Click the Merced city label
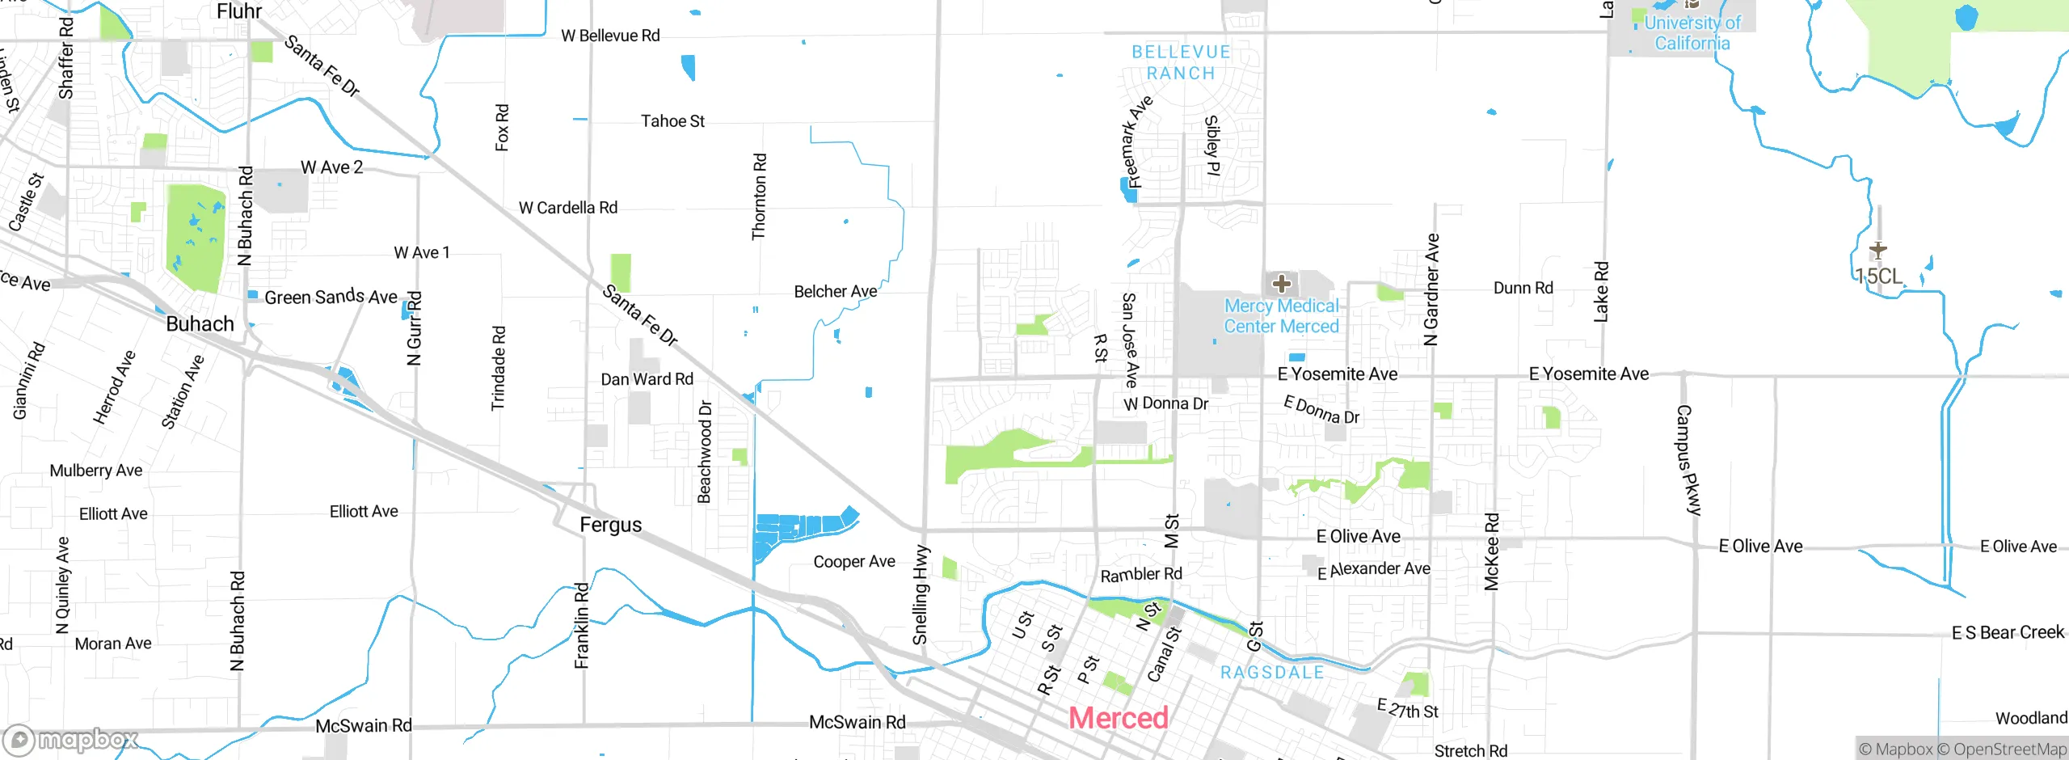(1119, 718)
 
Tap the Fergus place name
(610, 526)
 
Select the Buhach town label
(200, 324)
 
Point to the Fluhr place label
(239, 11)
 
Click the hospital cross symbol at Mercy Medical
(1281, 284)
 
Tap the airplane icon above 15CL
(1877, 251)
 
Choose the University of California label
(1692, 33)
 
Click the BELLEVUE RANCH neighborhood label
(1181, 63)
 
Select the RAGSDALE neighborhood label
(1272, 673)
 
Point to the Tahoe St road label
(672, 121)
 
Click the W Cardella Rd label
(568, 208)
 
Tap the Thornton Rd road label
(759, 196)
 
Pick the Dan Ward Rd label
(647, 379)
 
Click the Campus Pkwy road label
(1688, 460)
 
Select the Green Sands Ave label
(331, 297)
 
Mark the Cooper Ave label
(854, 562)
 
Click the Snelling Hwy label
(921, 594)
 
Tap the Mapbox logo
(71, 740)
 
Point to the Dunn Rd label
(1523, 288)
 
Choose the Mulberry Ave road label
(95, 471)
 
